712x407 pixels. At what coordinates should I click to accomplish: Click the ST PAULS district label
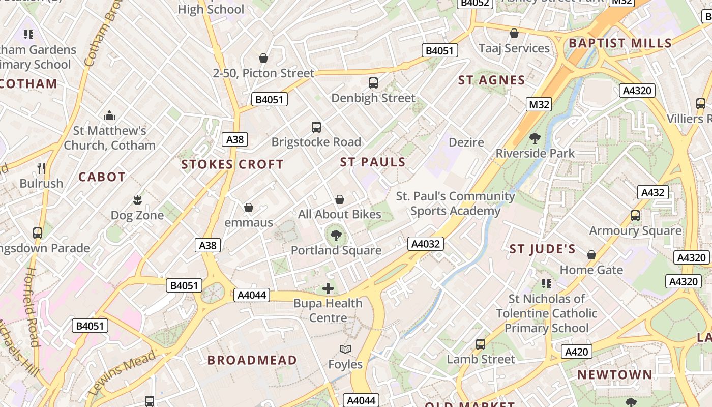(373, 162)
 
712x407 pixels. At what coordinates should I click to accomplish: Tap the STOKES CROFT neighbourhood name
(232, 164)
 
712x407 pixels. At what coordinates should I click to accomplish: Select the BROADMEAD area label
(252, 360)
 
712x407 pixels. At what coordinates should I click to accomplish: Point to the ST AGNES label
(492, 80)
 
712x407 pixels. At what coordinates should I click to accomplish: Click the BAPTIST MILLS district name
(620, 43)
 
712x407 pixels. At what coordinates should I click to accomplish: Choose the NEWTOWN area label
(614, 375)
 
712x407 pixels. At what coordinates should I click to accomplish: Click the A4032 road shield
(425, 244)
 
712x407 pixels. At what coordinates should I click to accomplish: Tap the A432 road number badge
(653, 192)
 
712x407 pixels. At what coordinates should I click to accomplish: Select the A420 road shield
(577, 352)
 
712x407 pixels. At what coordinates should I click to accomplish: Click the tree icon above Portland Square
(336, 235)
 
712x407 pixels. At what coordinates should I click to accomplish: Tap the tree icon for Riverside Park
(535, 138)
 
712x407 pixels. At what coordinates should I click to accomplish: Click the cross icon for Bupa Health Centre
(328, 288)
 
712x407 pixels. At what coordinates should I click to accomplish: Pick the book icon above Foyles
(345, 349)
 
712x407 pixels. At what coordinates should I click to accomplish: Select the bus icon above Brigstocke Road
(316, 127)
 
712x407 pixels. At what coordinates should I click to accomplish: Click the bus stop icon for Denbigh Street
(373, 82)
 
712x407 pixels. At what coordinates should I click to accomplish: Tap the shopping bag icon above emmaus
(249, 208)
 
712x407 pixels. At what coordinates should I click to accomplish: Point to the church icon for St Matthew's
(109, 115)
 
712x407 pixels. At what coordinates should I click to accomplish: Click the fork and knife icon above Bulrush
(41, 168)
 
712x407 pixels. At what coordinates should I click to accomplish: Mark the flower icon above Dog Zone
(137, 200)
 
